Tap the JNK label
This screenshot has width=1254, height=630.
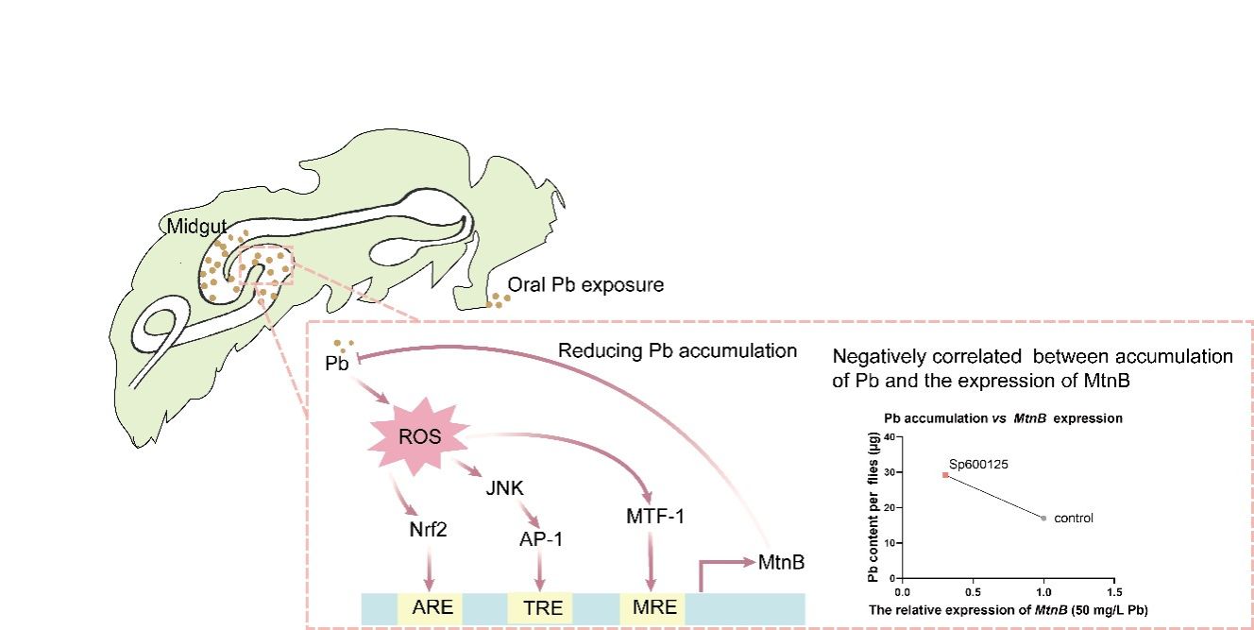504,488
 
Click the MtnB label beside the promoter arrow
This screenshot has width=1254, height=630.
781,563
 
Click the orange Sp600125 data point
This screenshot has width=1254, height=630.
945,475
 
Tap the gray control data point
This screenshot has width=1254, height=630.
1042,518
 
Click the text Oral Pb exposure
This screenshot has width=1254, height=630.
585,284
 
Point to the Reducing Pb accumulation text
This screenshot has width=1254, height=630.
677,351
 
